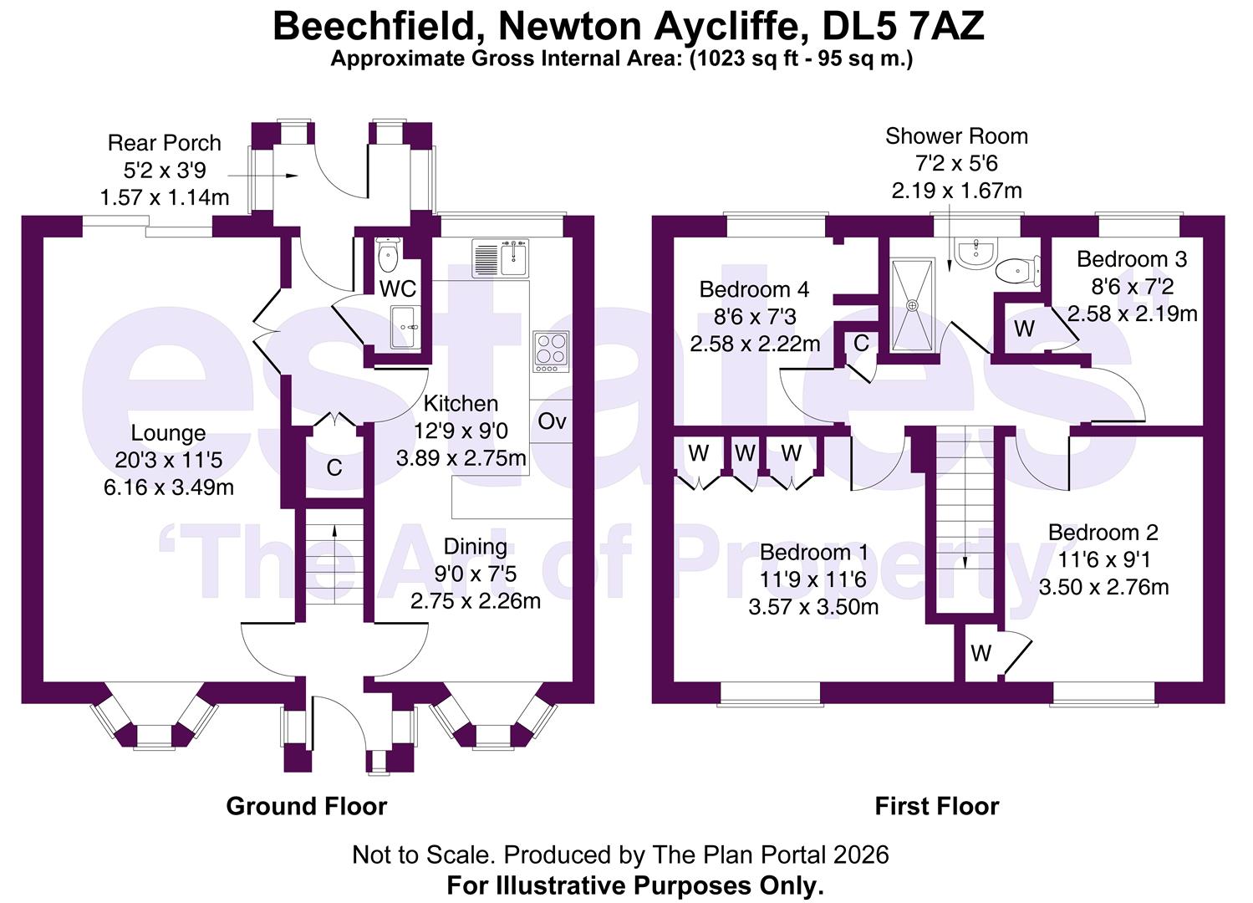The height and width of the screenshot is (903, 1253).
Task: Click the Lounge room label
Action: click(x=168, y=433)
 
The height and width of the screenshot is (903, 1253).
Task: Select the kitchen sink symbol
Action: click(x=499, y=258)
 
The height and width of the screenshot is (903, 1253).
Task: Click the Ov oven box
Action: click(x=552, y=421)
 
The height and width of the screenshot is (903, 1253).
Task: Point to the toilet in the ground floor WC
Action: click(x=389, y=256)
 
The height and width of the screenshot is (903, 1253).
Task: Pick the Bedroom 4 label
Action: click(x=754, y=290)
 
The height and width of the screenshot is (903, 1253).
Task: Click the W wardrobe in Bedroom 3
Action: click(x=1023, y=329)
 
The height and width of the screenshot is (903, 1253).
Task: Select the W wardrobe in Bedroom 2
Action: click(x=980, y=653)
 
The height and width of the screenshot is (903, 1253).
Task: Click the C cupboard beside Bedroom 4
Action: click(x=861, y=343)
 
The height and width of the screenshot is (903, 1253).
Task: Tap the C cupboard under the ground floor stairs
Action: click(x=334, y=467)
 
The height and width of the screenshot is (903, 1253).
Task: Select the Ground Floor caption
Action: click(x=307, y=806)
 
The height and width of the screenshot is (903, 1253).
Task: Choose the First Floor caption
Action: click(x=936, y=806)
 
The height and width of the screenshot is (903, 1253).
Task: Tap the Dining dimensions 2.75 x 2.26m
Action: click(x=475, y=600)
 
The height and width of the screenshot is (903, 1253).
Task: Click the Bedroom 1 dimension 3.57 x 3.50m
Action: click(x=812, y=606)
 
